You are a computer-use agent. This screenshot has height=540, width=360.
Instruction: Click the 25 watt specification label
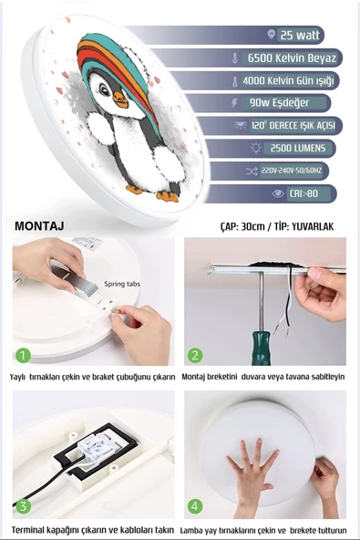[300, 35]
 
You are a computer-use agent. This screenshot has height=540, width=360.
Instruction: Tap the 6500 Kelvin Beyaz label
[292, 57]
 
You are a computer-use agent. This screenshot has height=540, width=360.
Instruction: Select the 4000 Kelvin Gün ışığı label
[288, 80]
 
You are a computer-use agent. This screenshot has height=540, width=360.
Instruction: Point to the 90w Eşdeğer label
[279, 103]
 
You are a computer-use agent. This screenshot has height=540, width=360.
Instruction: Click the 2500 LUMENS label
[298, 148]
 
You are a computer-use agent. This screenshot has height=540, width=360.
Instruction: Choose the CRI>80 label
[303, 193]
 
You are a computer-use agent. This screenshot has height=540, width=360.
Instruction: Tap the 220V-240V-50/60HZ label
[292, 171]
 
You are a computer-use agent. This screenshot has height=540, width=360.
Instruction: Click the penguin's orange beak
[120, 99]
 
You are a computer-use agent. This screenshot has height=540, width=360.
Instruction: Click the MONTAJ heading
[39, 226]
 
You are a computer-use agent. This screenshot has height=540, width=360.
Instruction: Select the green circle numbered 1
[23, 355]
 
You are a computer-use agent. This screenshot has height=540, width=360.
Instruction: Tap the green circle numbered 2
[195, 355]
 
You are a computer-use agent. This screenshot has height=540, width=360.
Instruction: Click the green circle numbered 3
[23, 506]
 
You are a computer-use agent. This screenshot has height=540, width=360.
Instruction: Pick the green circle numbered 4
[195, 506]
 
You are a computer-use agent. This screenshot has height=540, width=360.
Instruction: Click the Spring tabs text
[122, 284]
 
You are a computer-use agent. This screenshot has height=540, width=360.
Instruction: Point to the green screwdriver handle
[261, 348]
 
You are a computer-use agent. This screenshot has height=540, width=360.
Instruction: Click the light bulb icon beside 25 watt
[272, 34]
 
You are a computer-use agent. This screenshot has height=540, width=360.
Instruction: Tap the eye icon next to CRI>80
[278, 193]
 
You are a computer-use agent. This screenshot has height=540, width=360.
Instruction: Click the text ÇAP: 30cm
[242, 226]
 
